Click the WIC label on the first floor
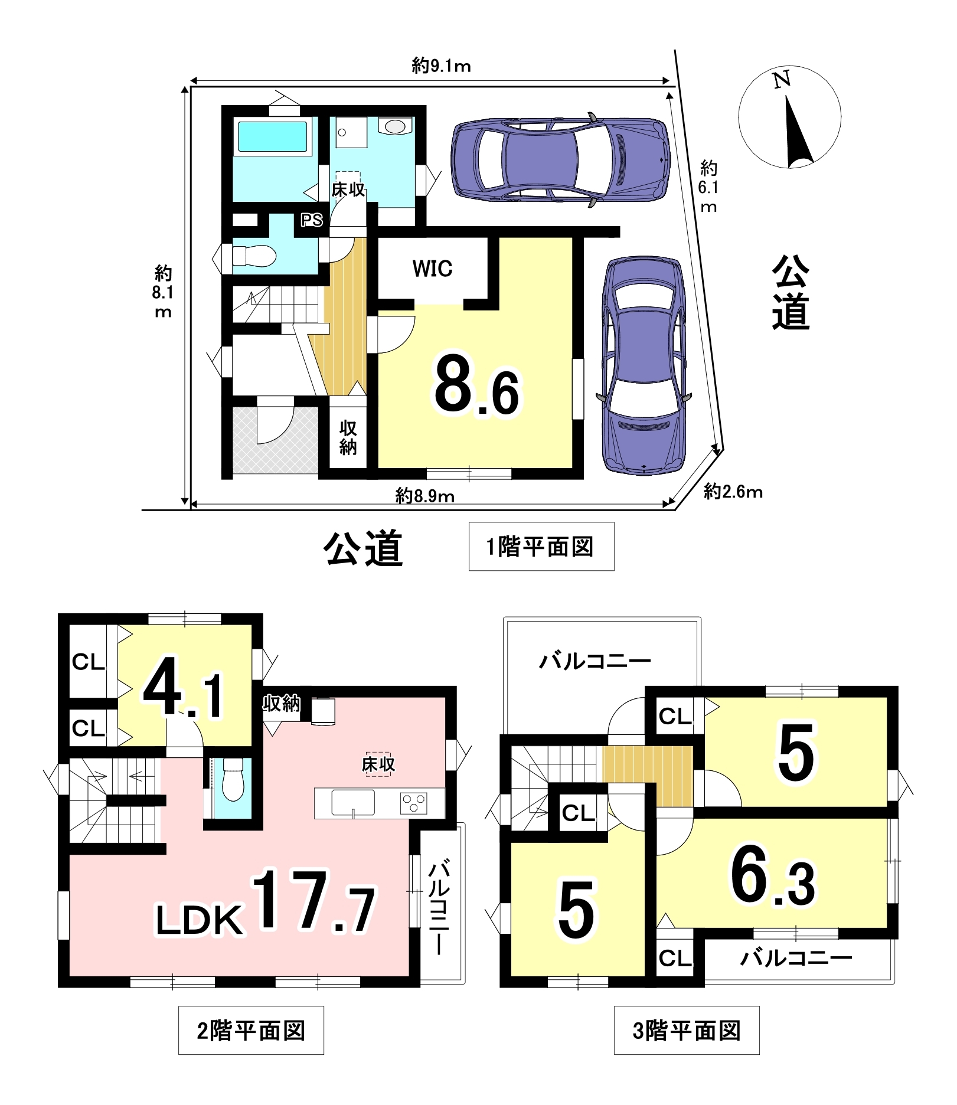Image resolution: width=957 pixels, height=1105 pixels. pyautogui.click(x=432, y=269)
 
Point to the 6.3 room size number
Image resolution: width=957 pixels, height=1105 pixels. pyautogui.click(x=773, y=875)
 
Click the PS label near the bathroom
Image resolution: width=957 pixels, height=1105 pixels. pyautogui.click(x=312, y=220)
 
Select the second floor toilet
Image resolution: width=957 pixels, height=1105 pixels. pyautogui.click(x=233, y=779)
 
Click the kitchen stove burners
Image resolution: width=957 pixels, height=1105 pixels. pyautogui.click(x=413, y=803)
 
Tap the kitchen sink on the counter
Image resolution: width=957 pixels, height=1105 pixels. pyautogui.click(x=353, y=803)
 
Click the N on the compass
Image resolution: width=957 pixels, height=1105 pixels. pyautogui.click(x=782, y=80)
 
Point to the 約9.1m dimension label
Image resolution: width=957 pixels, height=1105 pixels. pyautogui.click(x=441, y=66)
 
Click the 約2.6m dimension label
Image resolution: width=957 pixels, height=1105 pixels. pyautogui.click(x=733, y=491)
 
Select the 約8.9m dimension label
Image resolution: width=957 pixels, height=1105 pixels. pyautogui.click(x=424, y=496)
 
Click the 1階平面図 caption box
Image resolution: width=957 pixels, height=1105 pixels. pyautogui.click(x=541, y=546)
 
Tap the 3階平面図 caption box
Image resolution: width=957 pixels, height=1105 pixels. pyautogui.click(x=687, y=1031)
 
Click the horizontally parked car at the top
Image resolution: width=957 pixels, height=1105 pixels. pyautogui.click(x=561, y=159)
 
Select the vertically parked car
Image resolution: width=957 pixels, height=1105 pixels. pyautogui.click(x=644, y=366)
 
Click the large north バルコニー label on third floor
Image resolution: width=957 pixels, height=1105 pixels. pyautogui.click(x=595, y=661)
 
